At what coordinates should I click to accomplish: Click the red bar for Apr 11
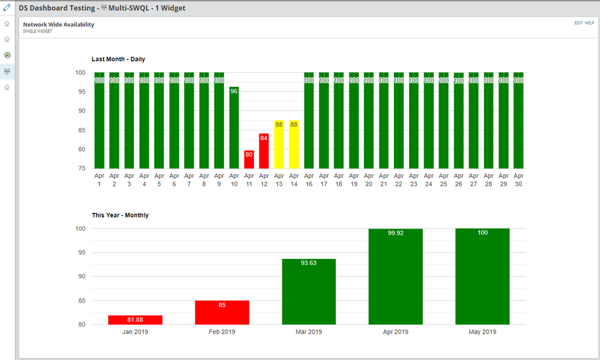point(249,160)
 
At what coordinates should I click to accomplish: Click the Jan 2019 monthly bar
point(135,320)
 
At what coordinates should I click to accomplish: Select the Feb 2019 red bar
point(222,313)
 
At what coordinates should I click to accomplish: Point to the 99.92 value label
point(395,233)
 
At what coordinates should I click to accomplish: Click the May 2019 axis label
point(482,332)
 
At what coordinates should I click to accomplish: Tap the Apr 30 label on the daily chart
point(518,180)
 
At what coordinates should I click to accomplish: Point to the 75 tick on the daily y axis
point(80,168)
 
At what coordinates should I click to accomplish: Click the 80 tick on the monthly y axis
point(80,325)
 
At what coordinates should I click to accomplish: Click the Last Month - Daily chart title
point(118,59)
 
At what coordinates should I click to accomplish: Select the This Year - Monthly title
point(120,215)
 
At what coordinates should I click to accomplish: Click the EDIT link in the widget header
point(578,23)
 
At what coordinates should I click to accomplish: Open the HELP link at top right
point(590,23)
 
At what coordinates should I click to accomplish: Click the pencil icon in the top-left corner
point(7,8)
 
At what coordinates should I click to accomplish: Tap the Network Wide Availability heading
point(58,25)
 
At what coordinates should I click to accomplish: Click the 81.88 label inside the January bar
point(135,319)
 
